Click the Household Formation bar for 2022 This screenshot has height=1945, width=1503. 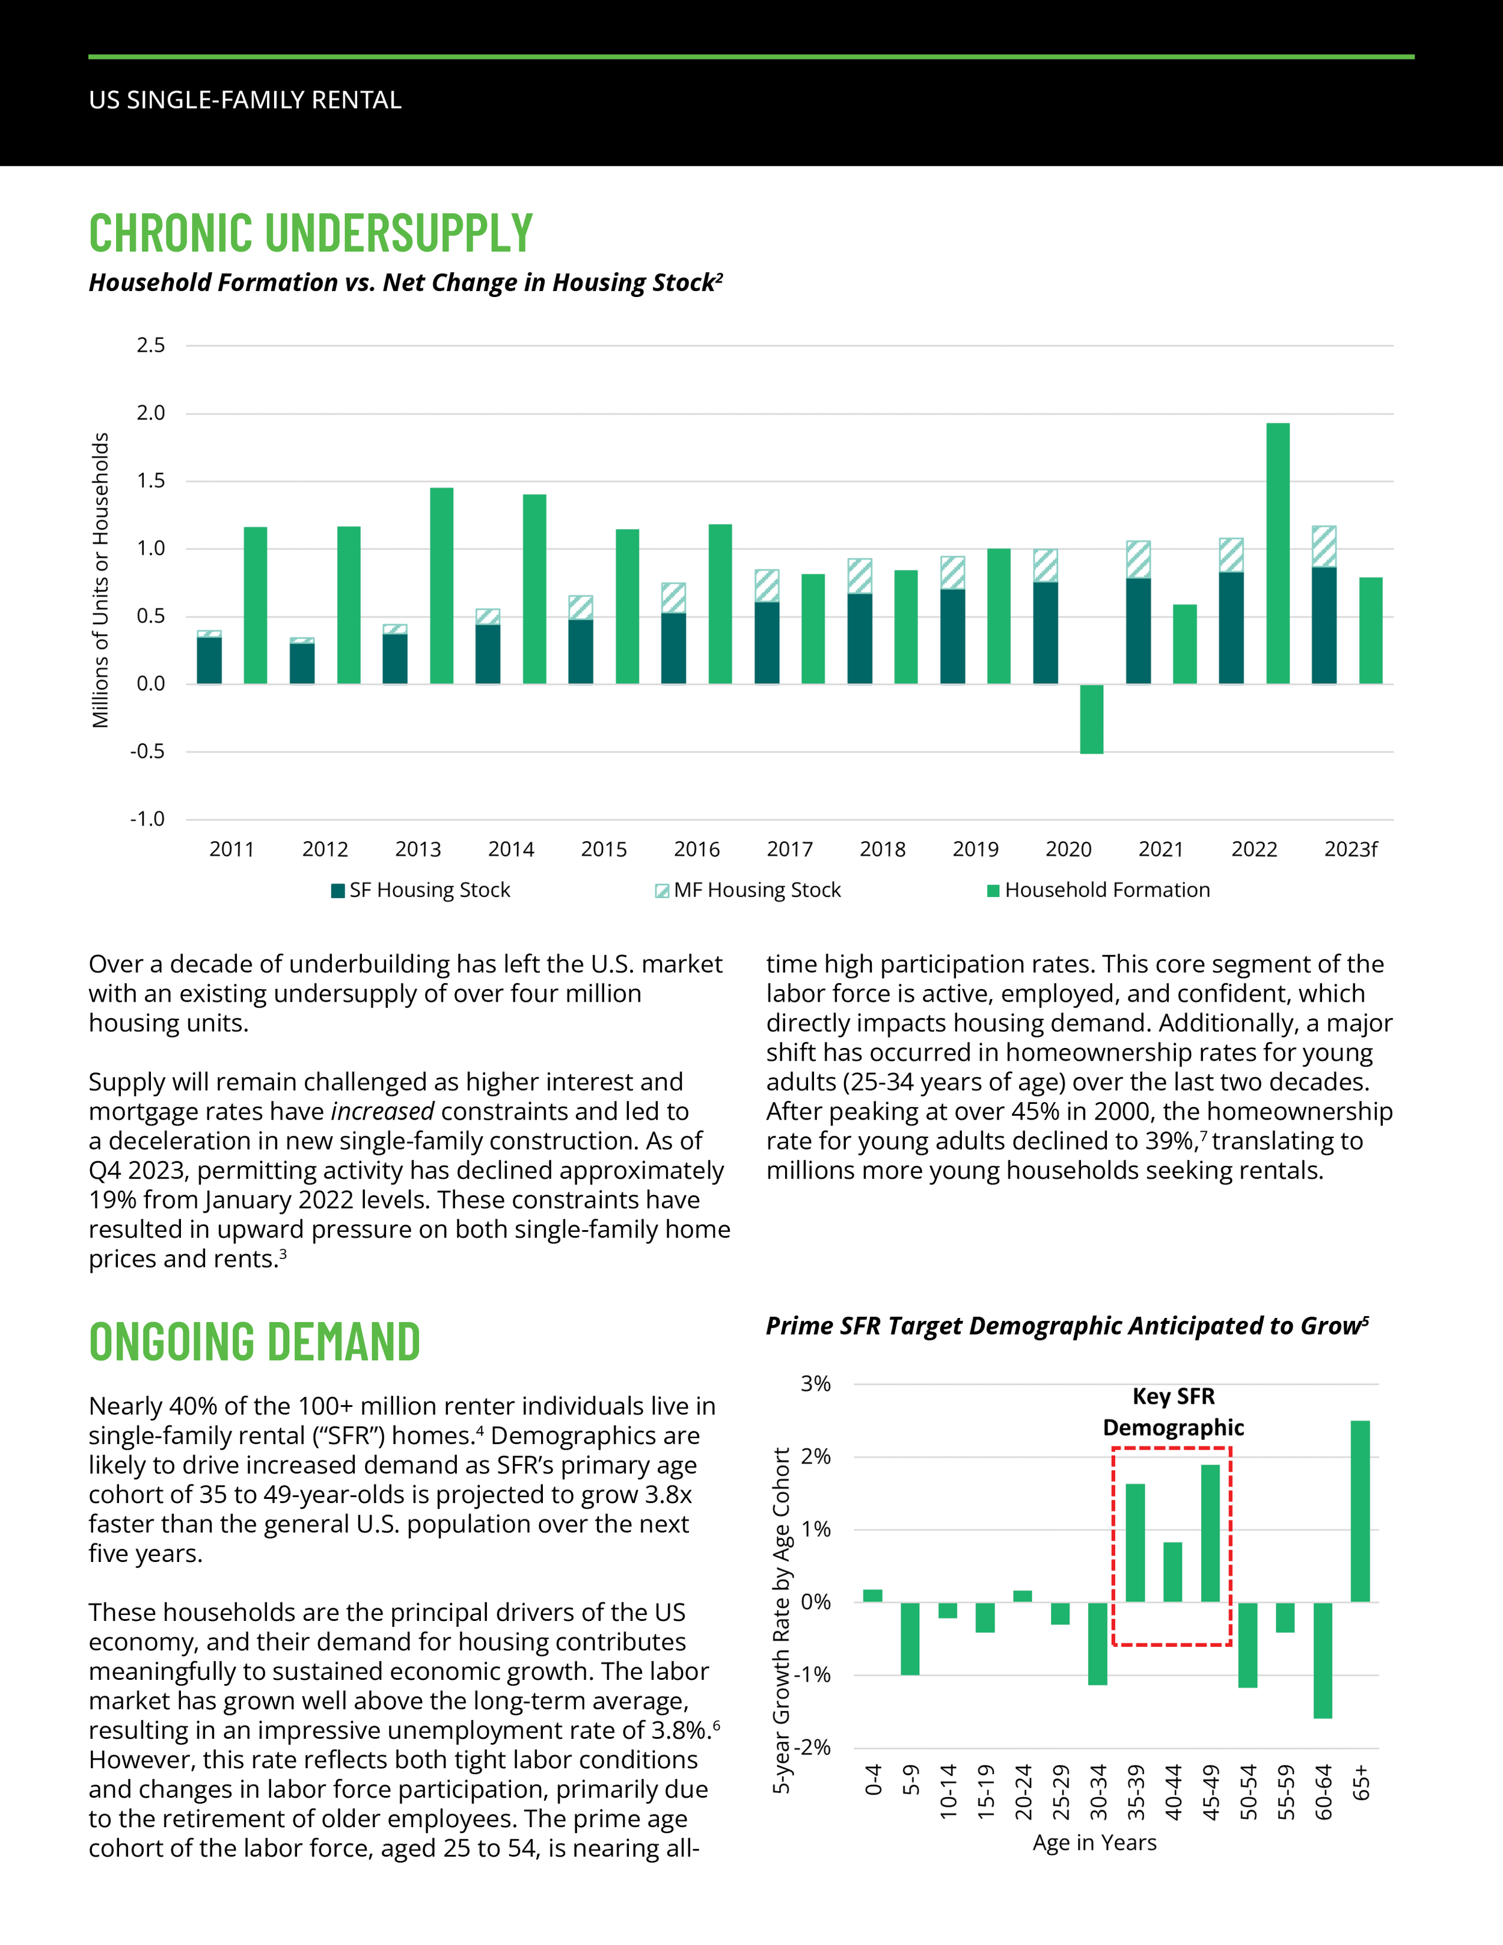click(x=1277, y=553)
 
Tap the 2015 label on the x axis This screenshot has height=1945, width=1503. click(x=604, y=850)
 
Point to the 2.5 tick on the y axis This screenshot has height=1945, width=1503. click(x=150, y=346)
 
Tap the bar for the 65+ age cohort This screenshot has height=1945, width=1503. click(x=1360, y=1512)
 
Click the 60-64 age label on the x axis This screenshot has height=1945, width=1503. click(x=1323, y=1792)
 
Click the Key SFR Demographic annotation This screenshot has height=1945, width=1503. click(x=1173, y=1412)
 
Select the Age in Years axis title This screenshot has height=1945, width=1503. click(x=1094, y=1843)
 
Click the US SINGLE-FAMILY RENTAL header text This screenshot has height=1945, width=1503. click(x=245, y=100)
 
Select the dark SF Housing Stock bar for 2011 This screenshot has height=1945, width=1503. click(x=209, y=660)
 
